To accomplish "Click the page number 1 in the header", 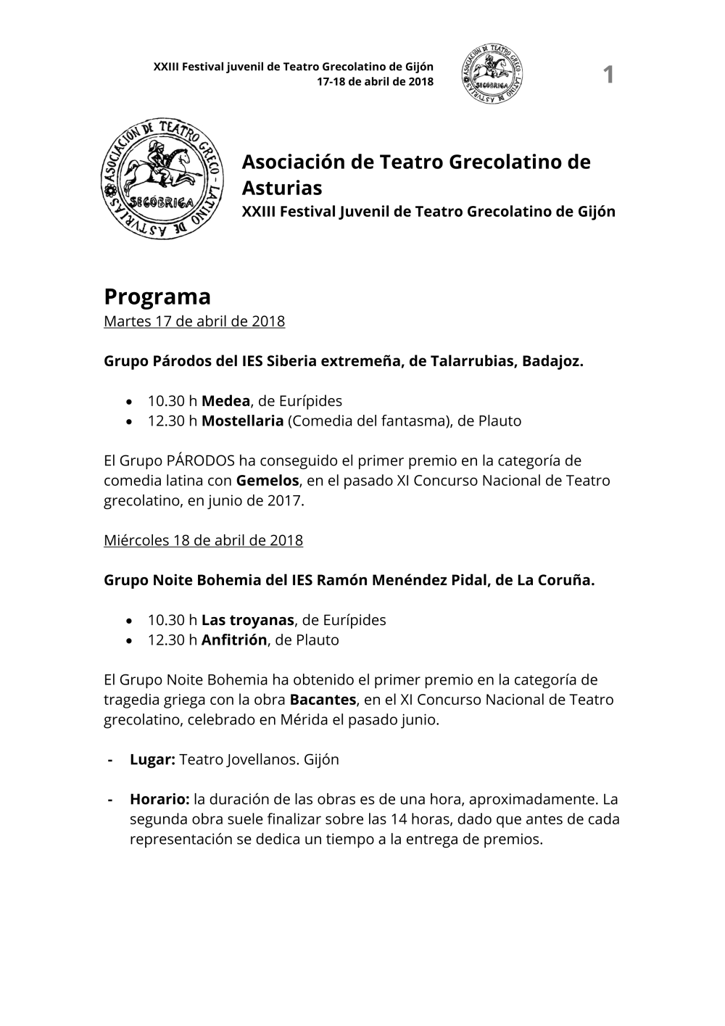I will tap(608, 74).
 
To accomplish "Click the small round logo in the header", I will tap(492, 73).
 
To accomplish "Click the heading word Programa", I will tap(157, 297).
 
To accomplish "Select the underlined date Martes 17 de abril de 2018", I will tap(194, 321).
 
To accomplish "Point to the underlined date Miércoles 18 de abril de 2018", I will tap(203, 540).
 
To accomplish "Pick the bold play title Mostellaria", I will tap(242, 421).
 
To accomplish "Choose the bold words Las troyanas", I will tap(247, 620).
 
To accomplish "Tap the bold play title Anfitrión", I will tap(234, 640).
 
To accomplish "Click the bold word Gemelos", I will tap(268, 480).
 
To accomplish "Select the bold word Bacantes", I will tap(323, 700).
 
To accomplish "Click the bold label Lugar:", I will tap(152, 759).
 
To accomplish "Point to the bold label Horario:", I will tap(159, 799).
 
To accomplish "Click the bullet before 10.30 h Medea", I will tap(129, 402).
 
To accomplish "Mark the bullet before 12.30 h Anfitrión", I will tap(129, 640).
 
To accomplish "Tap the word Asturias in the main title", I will tap(281, 188).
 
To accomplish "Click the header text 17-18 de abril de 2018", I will tap(375, 81).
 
